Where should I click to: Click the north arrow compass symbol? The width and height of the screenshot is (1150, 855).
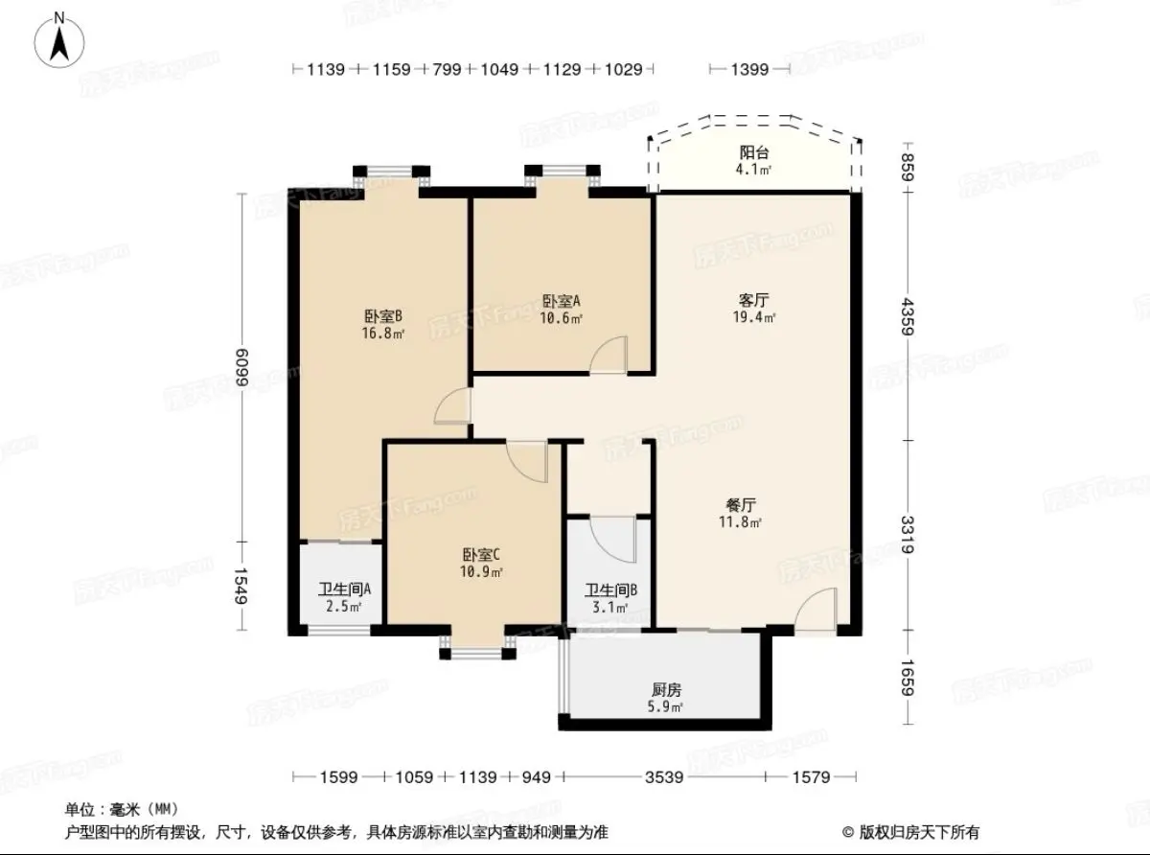coord(59,41)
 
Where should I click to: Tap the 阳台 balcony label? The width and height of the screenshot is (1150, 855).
coord(754,152)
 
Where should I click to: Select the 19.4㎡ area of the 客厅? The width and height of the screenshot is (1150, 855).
coord(754,317)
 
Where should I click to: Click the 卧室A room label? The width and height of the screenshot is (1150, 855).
coord(561,301)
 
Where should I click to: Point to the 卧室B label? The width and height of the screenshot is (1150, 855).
coord(383,316)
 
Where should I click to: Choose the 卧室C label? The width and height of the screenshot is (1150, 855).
coord(481,555)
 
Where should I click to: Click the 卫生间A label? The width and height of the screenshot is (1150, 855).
coord(344,589)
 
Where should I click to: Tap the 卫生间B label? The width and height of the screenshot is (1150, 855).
coord(610,590)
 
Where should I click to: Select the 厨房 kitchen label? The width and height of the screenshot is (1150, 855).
coord(666,690)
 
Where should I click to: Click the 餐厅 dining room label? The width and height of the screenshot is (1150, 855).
coord(741,505)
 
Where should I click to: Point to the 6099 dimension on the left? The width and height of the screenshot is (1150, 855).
coord(241,367)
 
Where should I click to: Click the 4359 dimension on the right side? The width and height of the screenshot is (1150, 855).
coord(908,316)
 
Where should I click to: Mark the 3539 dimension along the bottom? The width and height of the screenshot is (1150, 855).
coord(664,777)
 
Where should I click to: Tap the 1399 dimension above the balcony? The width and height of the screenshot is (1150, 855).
coord(749,69)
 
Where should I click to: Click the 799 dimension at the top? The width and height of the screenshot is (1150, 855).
coord(447,69)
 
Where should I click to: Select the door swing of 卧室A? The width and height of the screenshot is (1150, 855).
coord(609,355)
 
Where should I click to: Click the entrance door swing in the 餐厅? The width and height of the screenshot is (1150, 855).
coord(816,609)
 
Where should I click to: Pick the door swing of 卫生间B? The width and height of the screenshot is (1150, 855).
coord(612,540)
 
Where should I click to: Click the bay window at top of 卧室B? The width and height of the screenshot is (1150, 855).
coord(391,175)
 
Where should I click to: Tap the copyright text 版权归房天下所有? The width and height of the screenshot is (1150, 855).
coord(919,833)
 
